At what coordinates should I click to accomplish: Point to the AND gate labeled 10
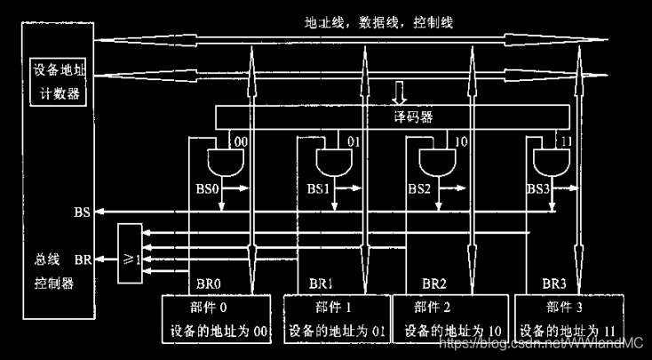pyautogui.click(x=434, y=163)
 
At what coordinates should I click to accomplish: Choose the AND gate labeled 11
pyautogui.click(x=548, y=163)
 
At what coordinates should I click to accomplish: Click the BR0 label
pyautogui.click(x=208, y=285)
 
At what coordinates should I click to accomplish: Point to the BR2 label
pyautogui.click(x=434, y=285)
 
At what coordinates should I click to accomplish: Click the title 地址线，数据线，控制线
pyautogui.click(x=373, y=22)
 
